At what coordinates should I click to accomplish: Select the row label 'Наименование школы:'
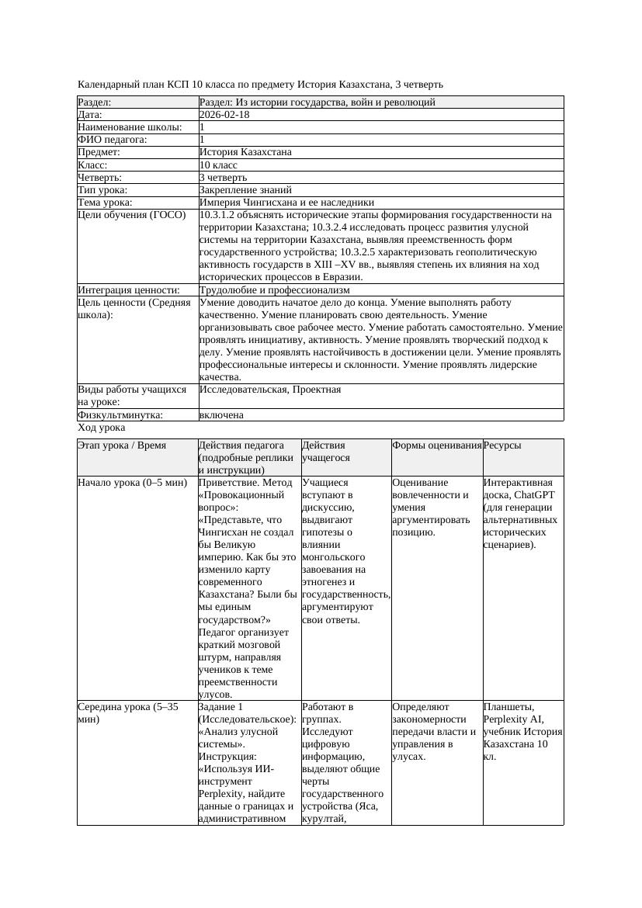point(130,127)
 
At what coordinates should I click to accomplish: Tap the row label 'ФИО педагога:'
point(113,140)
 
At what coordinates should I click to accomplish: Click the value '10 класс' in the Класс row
point(217,165)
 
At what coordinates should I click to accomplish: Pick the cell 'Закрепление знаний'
point(245,190)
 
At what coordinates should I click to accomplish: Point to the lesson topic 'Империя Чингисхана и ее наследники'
point(286,203)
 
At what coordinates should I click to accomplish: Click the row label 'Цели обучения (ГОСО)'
point(131,215)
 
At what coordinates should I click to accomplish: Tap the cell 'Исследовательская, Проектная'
point(270,390)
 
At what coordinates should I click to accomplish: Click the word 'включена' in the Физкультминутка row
point(221,415)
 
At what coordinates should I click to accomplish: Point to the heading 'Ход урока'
point(101,428)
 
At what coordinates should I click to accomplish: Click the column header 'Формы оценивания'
point(436,445)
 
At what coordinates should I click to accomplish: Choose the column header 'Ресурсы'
point(502,445)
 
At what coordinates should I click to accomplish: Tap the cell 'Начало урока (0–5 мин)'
point(132,483)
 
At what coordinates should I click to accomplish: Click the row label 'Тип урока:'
point(102,190)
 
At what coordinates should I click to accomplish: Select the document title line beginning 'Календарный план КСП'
point(261,85)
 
